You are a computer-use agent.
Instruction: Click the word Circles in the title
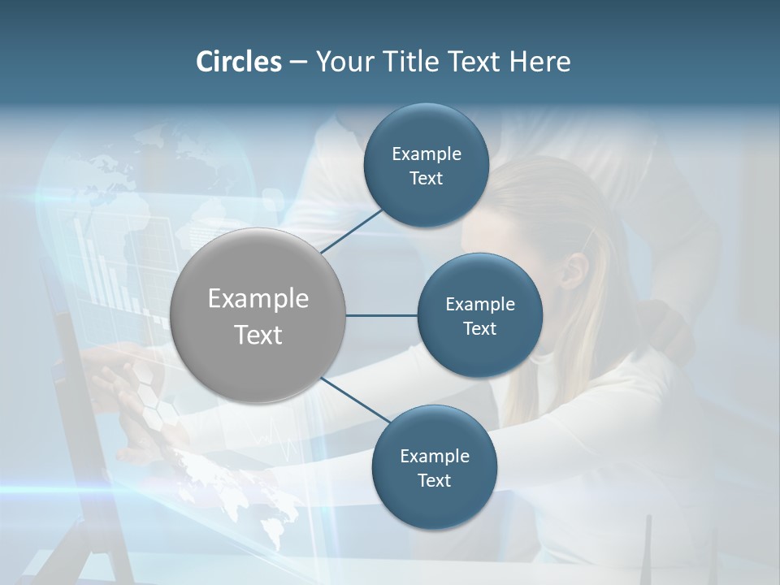(x=238, y=62)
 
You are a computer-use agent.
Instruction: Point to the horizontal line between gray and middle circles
(x=382, y=315)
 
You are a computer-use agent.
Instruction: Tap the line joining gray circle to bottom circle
(x=355, y=400)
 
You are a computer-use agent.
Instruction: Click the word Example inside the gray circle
(x=258, y=298)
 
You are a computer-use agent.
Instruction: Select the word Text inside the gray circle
(x=258, y=335)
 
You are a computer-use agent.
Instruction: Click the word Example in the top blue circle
(x=427, y=154)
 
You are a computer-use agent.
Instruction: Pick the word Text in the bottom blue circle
(x=434, y=480)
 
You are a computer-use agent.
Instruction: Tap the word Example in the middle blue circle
(x=480, y=304)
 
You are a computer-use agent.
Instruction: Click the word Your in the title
(x=342, y=62)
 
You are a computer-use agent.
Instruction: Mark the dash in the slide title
(x=298, y=63)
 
